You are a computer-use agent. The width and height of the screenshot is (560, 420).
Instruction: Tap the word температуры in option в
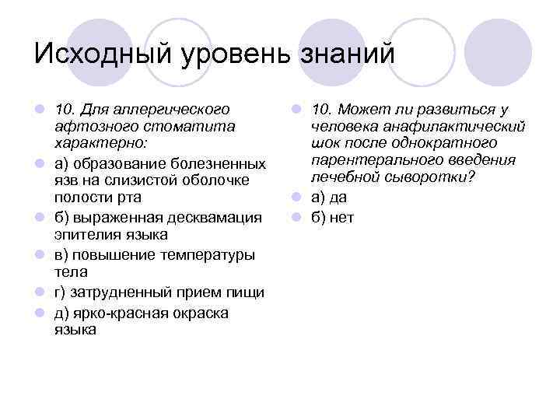[x=212, y=255]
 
